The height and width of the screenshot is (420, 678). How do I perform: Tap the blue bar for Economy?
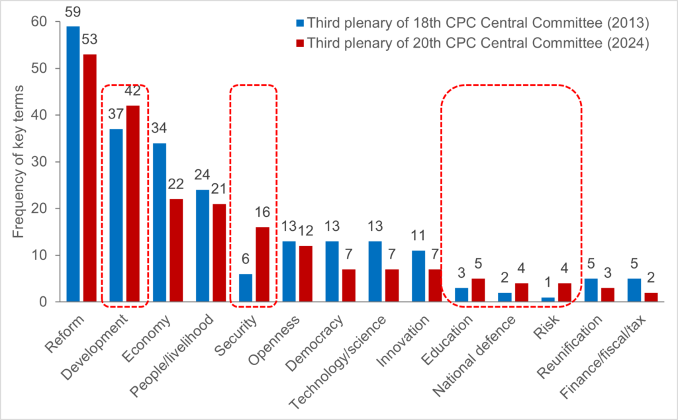[x=159, y=222]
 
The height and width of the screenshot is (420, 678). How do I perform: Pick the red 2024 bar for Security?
[x=262, y=265]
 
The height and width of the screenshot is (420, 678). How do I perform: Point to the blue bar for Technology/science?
[x=375, y=271]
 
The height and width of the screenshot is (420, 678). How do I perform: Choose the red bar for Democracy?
[x=349, y=285]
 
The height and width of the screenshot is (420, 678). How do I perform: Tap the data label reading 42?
[x=134, y=91]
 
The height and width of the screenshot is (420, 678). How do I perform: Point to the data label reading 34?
[x=159, y=128]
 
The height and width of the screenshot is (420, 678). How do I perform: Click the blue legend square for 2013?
[x=300, y=23]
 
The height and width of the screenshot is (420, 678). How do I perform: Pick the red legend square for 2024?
[x=300, y=43]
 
